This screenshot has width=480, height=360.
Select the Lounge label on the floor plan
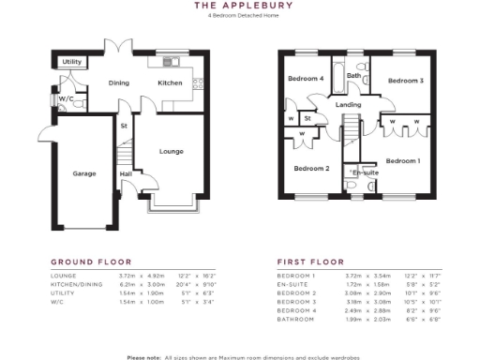coord(171,151)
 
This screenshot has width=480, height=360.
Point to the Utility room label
coord(72,62)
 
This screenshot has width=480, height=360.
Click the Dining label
coord(118,83)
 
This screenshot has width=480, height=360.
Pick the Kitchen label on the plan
coord(170,83)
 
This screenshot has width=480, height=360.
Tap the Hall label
coord(125,173)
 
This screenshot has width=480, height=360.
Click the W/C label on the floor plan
coord(66,98)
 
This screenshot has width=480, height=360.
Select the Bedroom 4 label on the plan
coord(306,79)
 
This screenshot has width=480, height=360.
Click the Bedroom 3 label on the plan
coord(406,81)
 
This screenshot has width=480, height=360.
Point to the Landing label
coord(350,105)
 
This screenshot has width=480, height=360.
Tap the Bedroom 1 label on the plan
coord(403,161)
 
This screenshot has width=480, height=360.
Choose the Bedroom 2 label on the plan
coord(311,169)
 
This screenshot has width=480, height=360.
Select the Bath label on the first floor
coord(353,76)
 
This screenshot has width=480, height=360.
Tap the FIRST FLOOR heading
coord(310,262)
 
